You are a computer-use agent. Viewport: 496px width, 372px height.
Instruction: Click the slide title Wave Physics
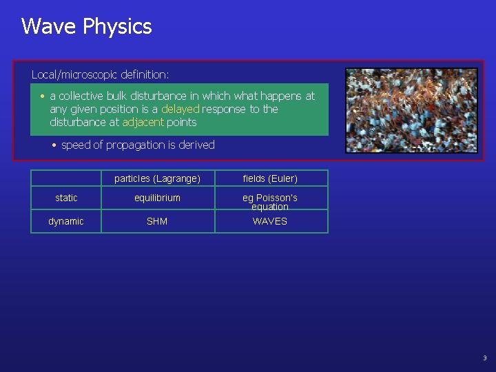pyautogui.click(x=86, y=26)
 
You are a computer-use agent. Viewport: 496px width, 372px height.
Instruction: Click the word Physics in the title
pyautogui.click(x=117, y=27)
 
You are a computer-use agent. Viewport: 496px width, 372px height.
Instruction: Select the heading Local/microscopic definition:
pyautogui.click(x=100, y=74)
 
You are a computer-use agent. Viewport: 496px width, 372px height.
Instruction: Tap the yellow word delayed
pyautogui.click(x=180, y=109)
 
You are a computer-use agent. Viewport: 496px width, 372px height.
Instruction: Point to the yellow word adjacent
pyautogui.click(x=143, y=122)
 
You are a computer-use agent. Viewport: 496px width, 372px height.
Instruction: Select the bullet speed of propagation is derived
pyautogui.click(x=138, y=145)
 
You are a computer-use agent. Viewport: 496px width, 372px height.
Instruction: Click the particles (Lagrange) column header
pyautogui.click(x=157, y=178)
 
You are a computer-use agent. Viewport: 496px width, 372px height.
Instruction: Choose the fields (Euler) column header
pyautogui.click(x=270, y=178)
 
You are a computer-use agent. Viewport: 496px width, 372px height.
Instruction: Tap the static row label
pyautogui.click(x=66, y=198)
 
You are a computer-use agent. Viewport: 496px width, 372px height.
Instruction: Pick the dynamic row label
pyautogui.click(x=66, y=221)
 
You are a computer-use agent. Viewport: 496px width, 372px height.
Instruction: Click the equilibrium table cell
pyautogui.click(x=157, y=198)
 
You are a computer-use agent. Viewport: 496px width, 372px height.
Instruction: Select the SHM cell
pyautogui.click(x=157, y=221)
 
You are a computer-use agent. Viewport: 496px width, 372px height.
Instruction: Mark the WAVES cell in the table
pyautogui.click(x=270, y=221)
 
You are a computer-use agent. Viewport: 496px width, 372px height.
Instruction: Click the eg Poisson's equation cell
pyautogui.click(x=270, y=202)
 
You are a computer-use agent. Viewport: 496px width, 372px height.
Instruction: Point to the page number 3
pyautogui.click(x=484, y=358)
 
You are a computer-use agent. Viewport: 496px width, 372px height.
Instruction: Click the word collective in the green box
pyautogui.click(x=84, y=96)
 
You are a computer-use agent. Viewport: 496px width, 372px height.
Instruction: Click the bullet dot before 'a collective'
pyautogui.click(x=43, y=96)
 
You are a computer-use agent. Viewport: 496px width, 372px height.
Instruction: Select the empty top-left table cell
pyautogui.click(x=66, y=178)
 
